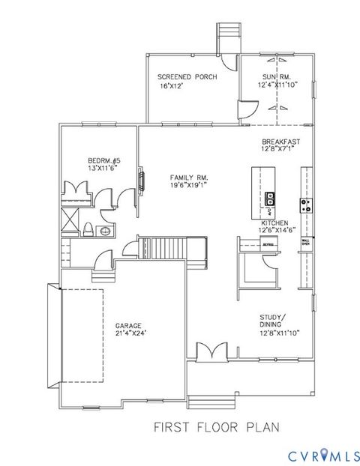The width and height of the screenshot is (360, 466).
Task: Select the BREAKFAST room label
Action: pyautogui.click(x=280, y=142)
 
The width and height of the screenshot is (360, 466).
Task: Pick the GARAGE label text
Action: pyautogui.click(x=128, y=326)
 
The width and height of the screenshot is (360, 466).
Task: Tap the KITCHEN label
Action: pyautogui.click(x=274, y=223)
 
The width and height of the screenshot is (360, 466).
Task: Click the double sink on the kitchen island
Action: pyautogui.click(x=268, y=199)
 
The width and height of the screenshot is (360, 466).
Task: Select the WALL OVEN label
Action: pyautogui.click(x=306, y=241)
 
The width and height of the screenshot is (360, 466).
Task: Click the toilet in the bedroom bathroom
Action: pyautogui.click(x=88, y=229)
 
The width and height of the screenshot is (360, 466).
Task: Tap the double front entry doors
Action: pyautogui.click(x=212, y=351)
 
